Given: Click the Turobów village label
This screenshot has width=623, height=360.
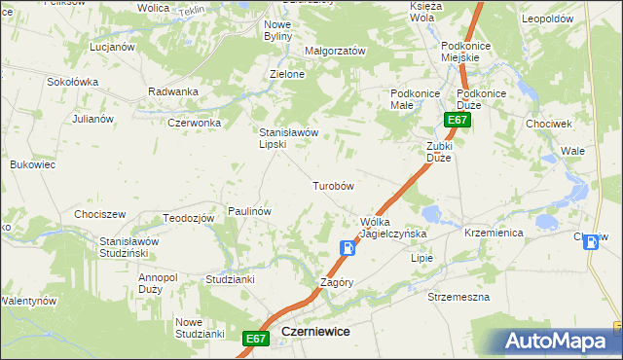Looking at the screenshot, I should coord(332,185).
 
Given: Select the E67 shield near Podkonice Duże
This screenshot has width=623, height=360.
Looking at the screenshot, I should coord(458,120).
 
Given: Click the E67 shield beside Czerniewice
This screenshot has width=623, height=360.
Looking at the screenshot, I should coord(255,338).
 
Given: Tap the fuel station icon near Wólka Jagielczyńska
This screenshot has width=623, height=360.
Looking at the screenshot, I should coord(347,248).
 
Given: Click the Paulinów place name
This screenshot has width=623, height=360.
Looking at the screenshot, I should coord(248,210).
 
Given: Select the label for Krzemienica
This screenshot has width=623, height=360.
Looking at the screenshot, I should coord(494,234).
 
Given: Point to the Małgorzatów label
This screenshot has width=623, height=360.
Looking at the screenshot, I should coord(334,51).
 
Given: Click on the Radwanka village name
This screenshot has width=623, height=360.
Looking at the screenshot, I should coord(173,91).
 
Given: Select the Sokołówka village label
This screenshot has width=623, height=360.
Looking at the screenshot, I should coord(73,82).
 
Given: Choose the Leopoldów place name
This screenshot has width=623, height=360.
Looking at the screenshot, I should coord(572,18).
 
